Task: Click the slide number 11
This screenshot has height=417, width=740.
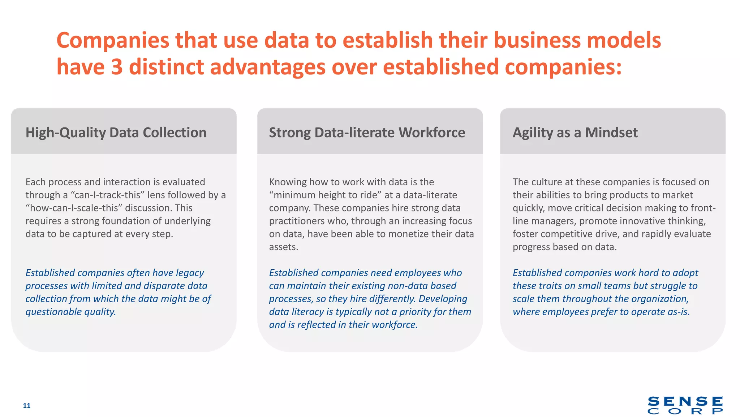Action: coord(27,405)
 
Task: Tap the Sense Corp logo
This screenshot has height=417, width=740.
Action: coord(685,405)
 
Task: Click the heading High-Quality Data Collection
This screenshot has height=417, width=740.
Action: coord(116,132)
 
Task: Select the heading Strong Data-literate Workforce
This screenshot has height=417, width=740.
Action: coord(367,132)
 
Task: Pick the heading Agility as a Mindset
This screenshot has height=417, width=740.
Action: coord(575,132)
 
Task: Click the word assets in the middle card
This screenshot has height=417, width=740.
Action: coord(283,247)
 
